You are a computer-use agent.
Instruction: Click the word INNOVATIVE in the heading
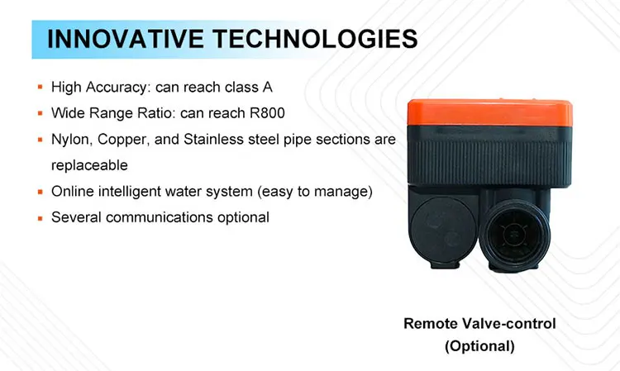tap(126, 39)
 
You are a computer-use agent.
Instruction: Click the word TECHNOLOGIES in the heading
tap(316, 39)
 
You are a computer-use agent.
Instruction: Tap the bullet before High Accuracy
tap(40, 87)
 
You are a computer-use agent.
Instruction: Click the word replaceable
tap(89, 165)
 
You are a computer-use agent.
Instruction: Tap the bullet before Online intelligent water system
tap(40, 192)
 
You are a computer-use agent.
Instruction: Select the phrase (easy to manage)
tap(315, 192)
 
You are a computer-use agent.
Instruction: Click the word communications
tap(160, 217)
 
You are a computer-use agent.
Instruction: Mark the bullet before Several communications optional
tap(40, 217)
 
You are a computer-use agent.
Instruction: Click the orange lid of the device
tap(489, 112)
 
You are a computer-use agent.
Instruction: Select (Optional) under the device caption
tap(479, 346)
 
